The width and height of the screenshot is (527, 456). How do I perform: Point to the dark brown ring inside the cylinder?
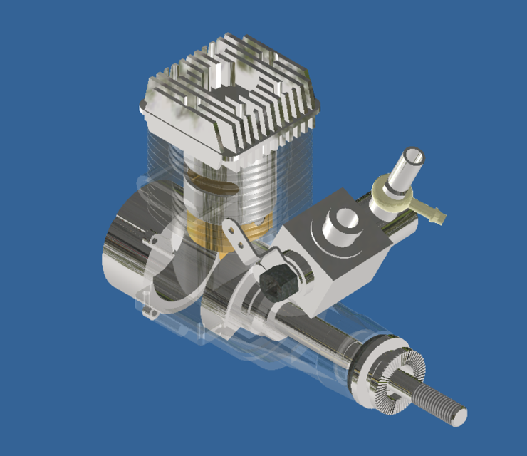[214, 186]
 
